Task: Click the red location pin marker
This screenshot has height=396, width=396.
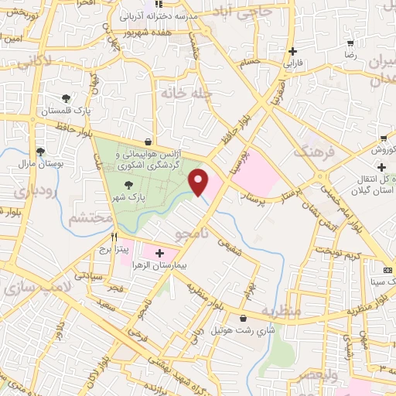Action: pyautogui.click(x=200, y=183)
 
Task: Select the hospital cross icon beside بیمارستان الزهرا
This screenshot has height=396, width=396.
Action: pyautogui.click(x=160, y=253)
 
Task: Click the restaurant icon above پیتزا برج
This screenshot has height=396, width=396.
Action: pyautogui.click(x=114, y=237)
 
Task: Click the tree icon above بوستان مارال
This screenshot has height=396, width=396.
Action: pyautogui.click(x=40, y=152)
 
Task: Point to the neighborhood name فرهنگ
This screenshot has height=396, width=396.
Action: pyautogui.click(x=314, y=152)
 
